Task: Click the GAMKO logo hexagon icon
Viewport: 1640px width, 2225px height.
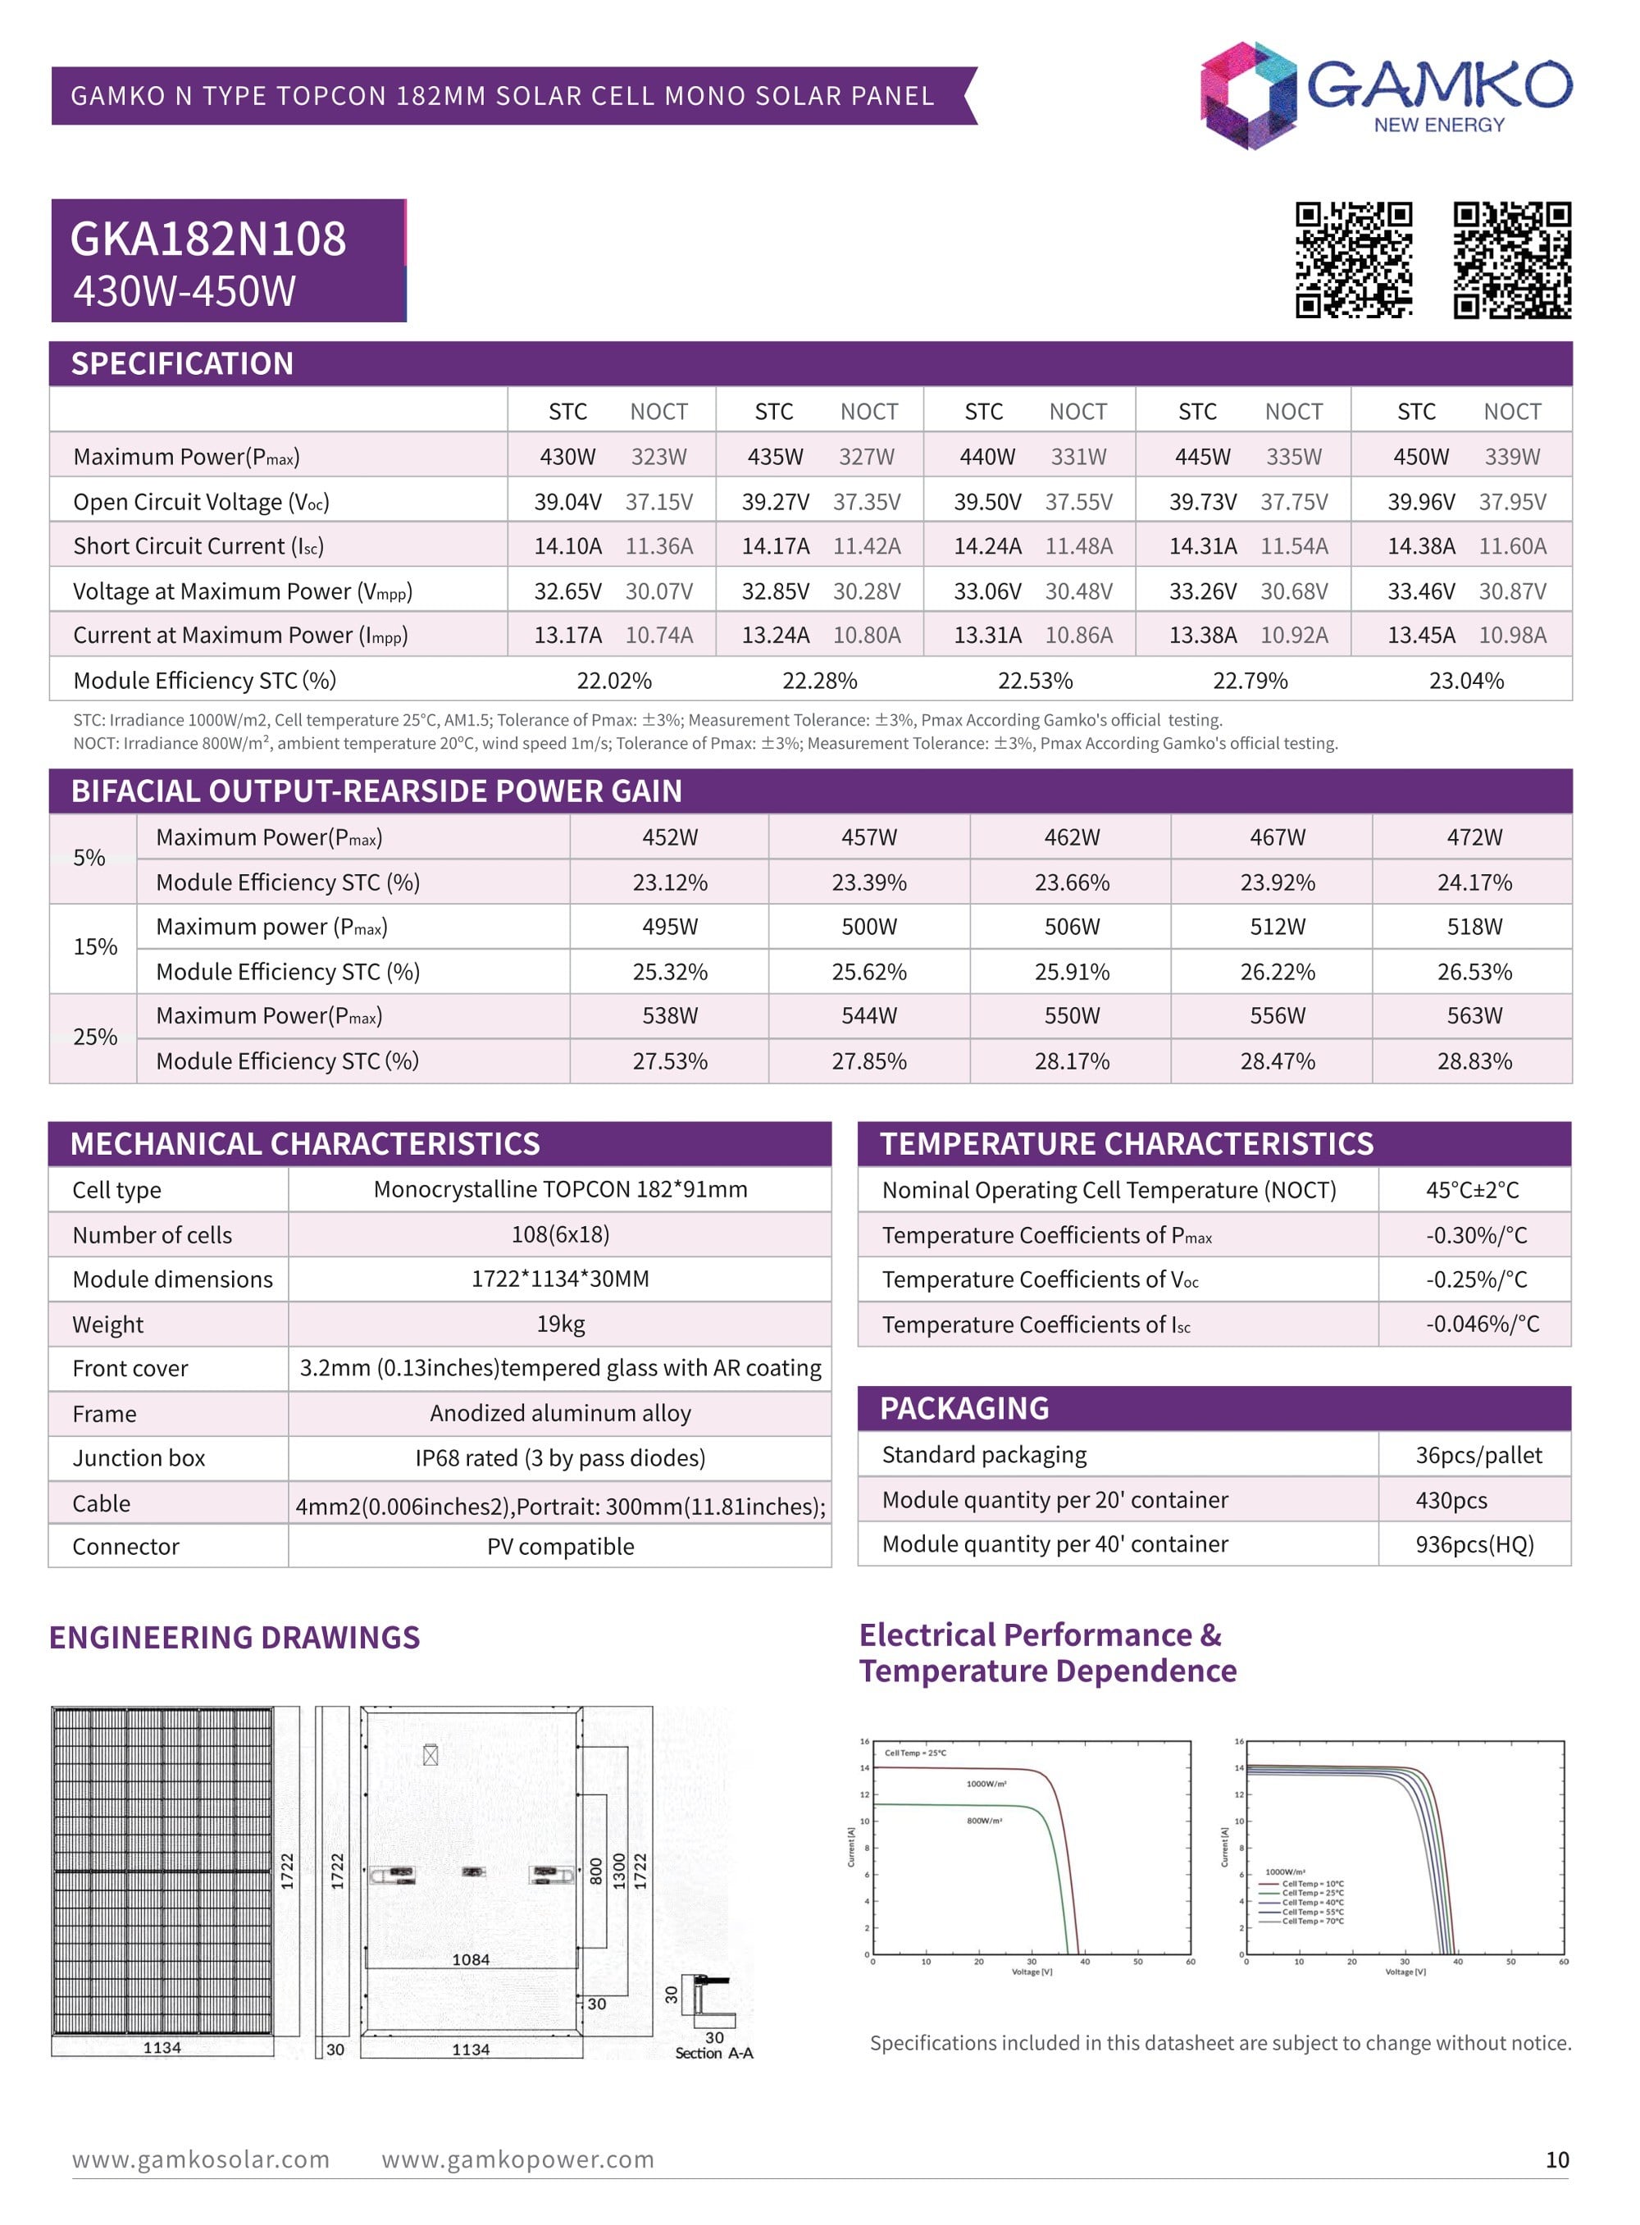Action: click(1248, 95)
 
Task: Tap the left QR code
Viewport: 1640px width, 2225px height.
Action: click(1353, 260)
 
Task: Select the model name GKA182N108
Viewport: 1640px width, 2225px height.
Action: click(208, 239)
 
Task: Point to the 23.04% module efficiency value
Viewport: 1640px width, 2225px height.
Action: click(1465, 681)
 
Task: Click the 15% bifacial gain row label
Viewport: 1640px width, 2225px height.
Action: click(94, 947)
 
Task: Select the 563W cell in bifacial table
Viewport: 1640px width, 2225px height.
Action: click(1474, 1015)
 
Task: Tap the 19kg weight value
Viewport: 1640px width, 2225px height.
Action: click(560, 1325)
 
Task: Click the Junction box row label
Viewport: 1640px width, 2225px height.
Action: click(138, 1458)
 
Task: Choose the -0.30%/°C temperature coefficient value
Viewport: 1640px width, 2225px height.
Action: click(1476, 1235)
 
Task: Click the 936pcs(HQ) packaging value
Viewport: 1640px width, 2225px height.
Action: click(1474, 1545)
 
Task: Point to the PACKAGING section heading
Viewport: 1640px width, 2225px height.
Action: click(964, 1409)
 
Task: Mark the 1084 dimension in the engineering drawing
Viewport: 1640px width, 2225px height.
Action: click(471, 1960)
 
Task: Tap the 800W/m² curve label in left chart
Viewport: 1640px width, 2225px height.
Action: click(984, 1821)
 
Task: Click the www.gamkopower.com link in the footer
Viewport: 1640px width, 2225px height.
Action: click(517, 2159)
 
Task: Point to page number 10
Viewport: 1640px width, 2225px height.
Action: click(1556, 2159)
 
